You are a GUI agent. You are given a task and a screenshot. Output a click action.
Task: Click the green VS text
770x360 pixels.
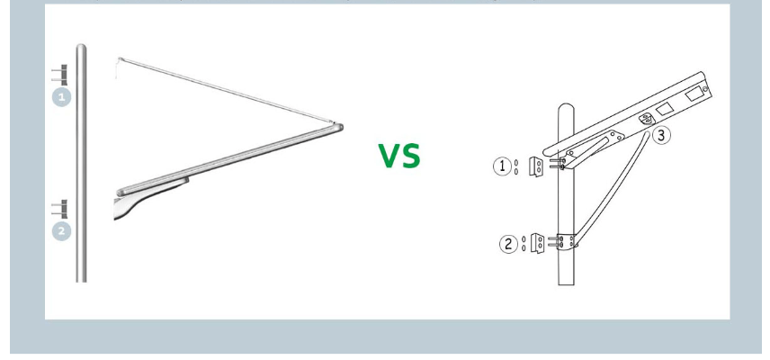[399, 156]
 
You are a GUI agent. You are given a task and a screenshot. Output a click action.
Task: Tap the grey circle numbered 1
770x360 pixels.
[61, 97]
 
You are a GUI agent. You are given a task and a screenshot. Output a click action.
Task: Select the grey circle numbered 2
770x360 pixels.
[61, 231]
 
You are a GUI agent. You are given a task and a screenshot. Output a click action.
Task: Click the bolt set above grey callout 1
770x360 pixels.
[59, 75]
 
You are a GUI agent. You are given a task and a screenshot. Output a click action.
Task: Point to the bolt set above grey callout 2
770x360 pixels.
[59, 209]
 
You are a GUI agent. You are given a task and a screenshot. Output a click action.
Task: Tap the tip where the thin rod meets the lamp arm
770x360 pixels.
[336, 122]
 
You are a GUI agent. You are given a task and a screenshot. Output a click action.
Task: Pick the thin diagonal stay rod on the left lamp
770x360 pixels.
[227, 90]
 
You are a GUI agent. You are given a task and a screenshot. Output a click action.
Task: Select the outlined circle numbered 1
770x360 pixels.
[502, 166]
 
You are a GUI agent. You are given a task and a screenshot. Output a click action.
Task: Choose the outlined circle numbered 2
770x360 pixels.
[508, 244]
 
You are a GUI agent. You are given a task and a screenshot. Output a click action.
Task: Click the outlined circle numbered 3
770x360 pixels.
[661, 135]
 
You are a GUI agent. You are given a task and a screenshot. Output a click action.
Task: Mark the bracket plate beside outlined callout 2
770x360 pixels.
[538, 243]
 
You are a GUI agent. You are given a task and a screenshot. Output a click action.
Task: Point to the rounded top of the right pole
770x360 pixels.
[566, 108]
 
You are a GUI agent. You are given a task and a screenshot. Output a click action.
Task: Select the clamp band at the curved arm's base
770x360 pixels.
[567, 241]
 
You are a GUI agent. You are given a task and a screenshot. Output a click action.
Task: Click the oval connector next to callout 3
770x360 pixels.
[646, 119]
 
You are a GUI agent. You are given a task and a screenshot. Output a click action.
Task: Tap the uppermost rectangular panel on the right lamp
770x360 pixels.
[694, 94]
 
